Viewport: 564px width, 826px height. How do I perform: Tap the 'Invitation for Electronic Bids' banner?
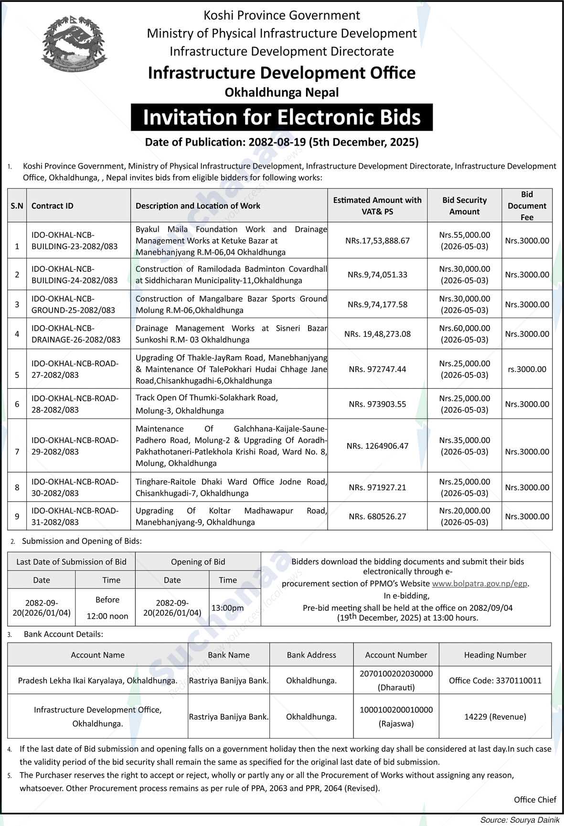tap(282, 117)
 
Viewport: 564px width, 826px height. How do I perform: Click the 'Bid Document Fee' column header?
tap(527, 206)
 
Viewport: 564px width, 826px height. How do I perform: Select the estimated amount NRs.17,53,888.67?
tap(377, 241)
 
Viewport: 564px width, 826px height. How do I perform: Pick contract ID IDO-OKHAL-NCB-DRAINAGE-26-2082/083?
tap(76, 334)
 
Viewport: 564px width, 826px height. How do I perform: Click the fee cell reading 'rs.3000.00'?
tap(527, 369)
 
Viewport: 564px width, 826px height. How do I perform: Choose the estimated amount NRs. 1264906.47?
tap(377, 446)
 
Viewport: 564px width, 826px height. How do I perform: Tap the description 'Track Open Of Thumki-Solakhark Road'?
tap(206, 397)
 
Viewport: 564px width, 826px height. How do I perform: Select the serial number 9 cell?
tap(17, 516)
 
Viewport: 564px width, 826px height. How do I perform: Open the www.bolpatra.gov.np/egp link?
tap(479, 583)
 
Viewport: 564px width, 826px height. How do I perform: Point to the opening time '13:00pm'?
tap(228, 608)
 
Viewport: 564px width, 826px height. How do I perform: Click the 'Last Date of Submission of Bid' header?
tap(71, 562)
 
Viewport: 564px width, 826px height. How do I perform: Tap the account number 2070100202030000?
tap(396, 674)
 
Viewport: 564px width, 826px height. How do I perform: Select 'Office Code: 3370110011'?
tap(495, 680)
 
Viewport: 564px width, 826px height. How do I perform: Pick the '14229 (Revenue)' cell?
tap(495, 717)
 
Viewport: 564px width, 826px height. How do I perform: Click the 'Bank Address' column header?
tap(311, 655)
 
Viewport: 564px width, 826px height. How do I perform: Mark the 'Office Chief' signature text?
tap(535, 799)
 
